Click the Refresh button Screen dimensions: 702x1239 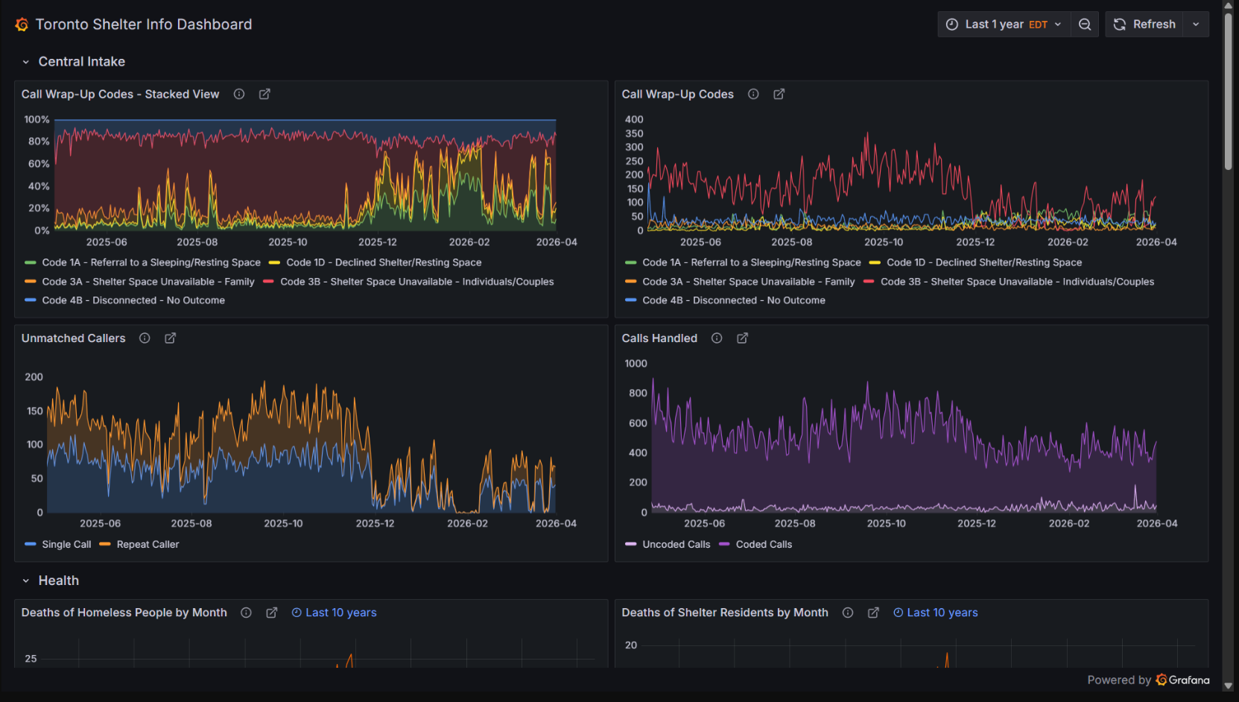point(1144,25)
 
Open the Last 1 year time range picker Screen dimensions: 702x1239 point(1004,25)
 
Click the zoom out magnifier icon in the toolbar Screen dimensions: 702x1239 point(1085,25)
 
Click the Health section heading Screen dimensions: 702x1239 point(58,581)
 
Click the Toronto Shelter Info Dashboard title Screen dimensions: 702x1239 point(144,25)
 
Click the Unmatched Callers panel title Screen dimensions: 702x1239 point(73,338)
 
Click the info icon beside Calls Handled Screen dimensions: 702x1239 point(717,338)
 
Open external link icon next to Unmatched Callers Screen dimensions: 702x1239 point(170,338)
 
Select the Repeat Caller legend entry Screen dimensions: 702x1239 point(148,545)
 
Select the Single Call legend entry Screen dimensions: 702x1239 point(66,545)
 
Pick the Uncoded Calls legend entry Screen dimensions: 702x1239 point(676,545)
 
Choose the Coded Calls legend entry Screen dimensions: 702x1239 point(764,545)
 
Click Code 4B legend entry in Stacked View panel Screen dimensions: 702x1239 point(133,300)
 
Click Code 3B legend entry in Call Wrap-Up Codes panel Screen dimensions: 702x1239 point(1017,282)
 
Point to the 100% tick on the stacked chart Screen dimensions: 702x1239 point(37,119)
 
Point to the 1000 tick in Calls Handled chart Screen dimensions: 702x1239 point(636,364)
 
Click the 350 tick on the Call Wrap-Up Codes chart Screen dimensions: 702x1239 point(634,133)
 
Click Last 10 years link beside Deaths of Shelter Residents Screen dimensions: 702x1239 point(942,613)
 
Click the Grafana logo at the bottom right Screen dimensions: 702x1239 point(1182,680)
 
